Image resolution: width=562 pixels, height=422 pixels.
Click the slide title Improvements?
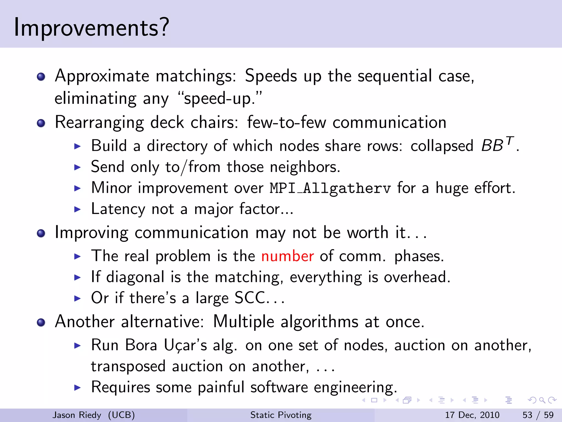pyautogui.click(x=91, y=28)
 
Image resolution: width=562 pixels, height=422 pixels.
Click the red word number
pyautogui.click(x=287, y=256)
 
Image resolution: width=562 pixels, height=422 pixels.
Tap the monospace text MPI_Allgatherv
pyautogui.click(x=330, y=189)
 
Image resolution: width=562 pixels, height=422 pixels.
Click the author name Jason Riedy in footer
pyautogui.click(x=77, y=415)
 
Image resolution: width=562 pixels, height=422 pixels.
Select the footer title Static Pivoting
pyautogui.click(x=281, y=415)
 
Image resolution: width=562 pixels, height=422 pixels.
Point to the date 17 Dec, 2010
pyautogui.click(x=472, y=415)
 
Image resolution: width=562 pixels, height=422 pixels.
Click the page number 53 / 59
pyautogui.click(x=538, y=415)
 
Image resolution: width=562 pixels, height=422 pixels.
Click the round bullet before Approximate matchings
pyautogui.click(x=41, y=77)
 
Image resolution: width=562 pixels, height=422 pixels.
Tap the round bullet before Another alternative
pyautogui.click(x=41, y=322)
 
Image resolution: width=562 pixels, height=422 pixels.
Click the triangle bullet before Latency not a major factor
pyautogui.click(x=78, y=209)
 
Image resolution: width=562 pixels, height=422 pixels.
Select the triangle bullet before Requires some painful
pyautogui.click(x=78, y=388)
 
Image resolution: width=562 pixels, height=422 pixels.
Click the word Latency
pyautogui.click(x=118, y=209)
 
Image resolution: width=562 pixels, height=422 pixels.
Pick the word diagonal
pyautogui.click(x=135, y=277)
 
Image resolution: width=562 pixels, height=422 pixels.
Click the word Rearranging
pyautogui.click(x=99, y=123)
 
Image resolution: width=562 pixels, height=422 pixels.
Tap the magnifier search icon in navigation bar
pyautogui.click(x=542, y=400)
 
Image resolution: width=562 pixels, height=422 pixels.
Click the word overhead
pyautogui.click(x=417, y=277)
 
